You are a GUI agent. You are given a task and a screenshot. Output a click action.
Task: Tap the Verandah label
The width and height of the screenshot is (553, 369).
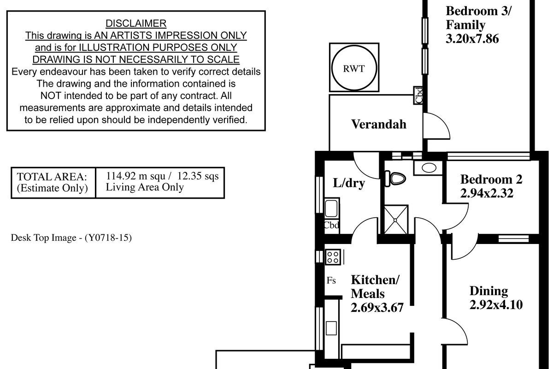tap(379, 124)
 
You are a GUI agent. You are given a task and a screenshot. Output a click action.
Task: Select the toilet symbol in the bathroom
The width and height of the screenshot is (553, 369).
tap(395, 179)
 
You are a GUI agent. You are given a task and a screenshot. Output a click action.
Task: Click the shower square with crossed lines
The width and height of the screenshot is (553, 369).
tap(396, 220)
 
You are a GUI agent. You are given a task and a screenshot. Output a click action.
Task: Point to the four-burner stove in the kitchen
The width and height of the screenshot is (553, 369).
tap(333, 257)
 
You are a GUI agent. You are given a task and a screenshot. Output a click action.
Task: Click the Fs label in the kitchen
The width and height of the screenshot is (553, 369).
tap(331, 280)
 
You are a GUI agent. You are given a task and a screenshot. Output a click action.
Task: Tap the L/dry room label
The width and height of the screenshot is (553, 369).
tap(349, 183)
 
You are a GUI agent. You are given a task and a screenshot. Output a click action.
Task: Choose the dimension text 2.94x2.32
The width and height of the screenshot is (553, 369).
tap(487, 193)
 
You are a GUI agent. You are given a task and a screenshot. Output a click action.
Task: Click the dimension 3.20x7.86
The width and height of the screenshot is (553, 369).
tap(472, 39)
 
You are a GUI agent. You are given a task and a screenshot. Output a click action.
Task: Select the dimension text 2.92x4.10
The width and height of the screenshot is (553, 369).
tap(496, 304)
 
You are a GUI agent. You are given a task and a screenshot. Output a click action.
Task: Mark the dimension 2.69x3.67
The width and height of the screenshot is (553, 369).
tap(377, 308)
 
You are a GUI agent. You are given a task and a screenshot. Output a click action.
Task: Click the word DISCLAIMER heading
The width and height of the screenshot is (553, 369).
tap(136, 24)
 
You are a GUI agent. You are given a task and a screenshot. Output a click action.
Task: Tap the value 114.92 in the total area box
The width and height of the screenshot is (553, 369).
tap(121, 176)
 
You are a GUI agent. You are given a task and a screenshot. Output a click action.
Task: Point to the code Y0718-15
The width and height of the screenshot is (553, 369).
tap(108, 238)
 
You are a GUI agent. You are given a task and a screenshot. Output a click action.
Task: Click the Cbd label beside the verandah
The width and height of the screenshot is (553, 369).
tap(418, 95)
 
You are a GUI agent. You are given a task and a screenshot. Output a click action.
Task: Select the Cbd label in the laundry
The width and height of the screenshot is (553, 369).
tap(331, 225)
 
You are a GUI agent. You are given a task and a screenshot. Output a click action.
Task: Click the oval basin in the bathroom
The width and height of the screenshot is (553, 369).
tap(429, 168)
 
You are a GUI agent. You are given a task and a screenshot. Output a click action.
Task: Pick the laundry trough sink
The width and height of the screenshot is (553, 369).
tap(331, 208)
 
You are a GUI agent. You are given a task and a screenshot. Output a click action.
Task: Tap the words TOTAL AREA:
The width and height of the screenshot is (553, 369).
tap(52, 177)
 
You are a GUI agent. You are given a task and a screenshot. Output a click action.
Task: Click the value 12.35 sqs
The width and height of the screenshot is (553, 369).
tap(198, 176)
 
